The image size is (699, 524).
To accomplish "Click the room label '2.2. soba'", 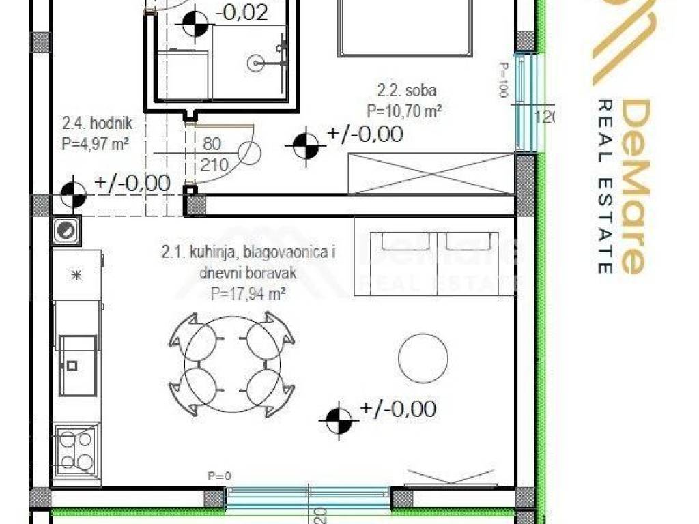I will [407, 90].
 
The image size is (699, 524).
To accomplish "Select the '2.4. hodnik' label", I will [96, 124].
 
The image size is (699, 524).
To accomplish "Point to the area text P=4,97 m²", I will [95, 143].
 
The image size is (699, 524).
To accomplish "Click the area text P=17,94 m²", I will [248, 295].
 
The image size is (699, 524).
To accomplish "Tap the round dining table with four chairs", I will [232, 364].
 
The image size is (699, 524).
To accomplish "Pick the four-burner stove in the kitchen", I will [76, 450].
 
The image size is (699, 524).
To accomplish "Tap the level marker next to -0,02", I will [195, 25].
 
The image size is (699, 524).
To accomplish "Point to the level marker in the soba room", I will [306, 145].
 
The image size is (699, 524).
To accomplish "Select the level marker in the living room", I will [339, 420].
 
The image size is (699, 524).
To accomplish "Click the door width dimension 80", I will [212, 145].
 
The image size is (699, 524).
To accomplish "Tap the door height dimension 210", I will [214, 164].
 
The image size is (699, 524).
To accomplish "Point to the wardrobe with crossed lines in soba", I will [431, 173].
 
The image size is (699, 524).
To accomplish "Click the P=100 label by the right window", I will [504, 80].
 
